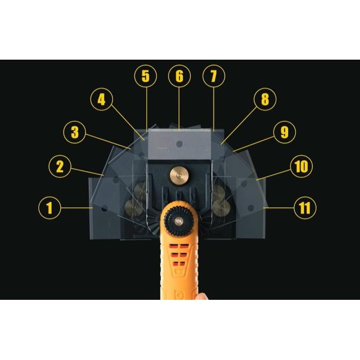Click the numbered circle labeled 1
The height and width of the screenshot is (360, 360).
[x=50, y=208]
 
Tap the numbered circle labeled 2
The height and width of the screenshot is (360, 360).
[x=60, y=166]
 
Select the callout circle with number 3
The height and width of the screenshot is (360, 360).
[x=75, y=133]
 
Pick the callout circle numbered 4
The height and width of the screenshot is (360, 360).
[x=102, y=99]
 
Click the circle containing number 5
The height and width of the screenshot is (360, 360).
[x=146, y=77]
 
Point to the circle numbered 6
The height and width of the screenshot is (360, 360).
[x=179, y=77]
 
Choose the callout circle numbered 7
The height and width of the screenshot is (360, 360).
[x=213, y=77]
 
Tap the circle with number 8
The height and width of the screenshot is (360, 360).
[x=264, y=100]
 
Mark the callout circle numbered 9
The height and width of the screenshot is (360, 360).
[x=284, y=133]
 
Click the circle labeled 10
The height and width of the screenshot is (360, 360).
[x=301, y=166]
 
